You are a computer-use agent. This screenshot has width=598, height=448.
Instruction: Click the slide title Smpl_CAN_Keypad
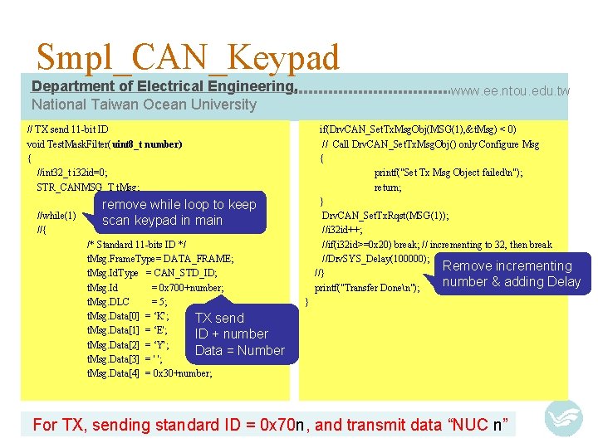(x=188, y=57)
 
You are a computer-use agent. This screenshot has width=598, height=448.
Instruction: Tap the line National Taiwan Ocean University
(x=144, y=105)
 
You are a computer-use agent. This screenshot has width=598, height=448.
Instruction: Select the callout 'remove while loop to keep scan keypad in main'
(x=179, y=212)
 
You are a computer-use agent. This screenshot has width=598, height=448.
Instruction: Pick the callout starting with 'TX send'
(x=239, y=334)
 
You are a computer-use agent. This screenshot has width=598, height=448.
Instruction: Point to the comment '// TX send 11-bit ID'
(x=67, y=129)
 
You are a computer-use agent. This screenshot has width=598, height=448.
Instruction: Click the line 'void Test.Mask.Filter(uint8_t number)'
(x=105, y=144)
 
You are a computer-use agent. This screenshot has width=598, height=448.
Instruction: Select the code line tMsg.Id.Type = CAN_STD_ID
(x=152, y=273)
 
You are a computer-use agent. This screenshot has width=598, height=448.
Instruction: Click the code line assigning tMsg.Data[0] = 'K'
(x=129, y=316)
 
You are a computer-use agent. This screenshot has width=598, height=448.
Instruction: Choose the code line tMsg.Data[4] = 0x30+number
(x=149, y=373)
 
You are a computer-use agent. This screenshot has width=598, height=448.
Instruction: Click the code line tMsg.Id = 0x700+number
(x=155, y=288)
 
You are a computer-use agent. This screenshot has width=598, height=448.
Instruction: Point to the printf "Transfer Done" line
(x=366, y=288)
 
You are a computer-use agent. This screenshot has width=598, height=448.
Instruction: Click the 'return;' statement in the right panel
(x=388, y=187)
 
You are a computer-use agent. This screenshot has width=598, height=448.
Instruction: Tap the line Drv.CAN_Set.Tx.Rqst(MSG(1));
(x=385, y=216)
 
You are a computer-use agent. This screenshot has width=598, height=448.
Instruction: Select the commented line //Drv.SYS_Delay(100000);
(x=375, y=259)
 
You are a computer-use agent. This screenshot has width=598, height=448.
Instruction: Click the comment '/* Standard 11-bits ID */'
(x=136, y=245)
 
